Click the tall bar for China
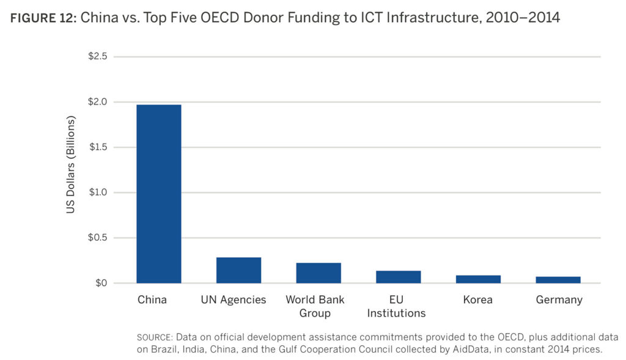click(x=158, y=194)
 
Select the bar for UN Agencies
click(x=238, y=270)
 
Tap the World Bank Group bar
click(x=319, y=273)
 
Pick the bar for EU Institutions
click(x=398, y=277)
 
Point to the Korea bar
click(x=478, y=279)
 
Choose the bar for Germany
click(x=558, y=280)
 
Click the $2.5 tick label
click(x=98, y=56)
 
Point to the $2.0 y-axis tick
click(x=98, y=101)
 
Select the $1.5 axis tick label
click(x=98, y=147)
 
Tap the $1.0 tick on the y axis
click(x=98, y=193)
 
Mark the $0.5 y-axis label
click(x=98, y=238)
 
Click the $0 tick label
click(x=101, y=283)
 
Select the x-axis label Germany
click(x=559, y=300)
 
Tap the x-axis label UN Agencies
click(x=234, y=300)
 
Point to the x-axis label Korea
click(x=477, y=300)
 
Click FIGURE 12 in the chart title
click(x=41, y=18)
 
